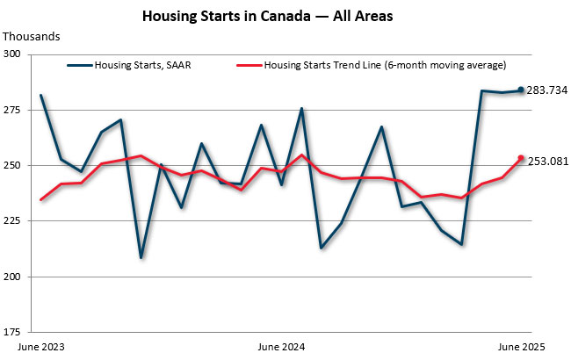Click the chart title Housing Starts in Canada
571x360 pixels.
click(x=285, y=17)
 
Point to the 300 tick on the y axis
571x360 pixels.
click(x=18, y=54)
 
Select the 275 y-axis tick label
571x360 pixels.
click(x=18, y=110)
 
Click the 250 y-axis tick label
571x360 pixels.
click(x=18, y=165)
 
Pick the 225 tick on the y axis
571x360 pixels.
click(x=18, y=221)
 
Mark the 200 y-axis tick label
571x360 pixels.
click(x=18, y=277)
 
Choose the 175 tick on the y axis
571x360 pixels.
click(x=18, y=332)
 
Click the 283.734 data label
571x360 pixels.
click(x=547, y=90)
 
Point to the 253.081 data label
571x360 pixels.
click(x=547, y=159)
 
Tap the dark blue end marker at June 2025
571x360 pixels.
click(x=521, y=90)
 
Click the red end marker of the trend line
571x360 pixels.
click(x=521, y=158)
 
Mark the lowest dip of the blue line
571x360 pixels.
click(x=141, y=257)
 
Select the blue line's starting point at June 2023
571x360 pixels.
click(x=41, y=95)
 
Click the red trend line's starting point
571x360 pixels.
click(x=41, y=199)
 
